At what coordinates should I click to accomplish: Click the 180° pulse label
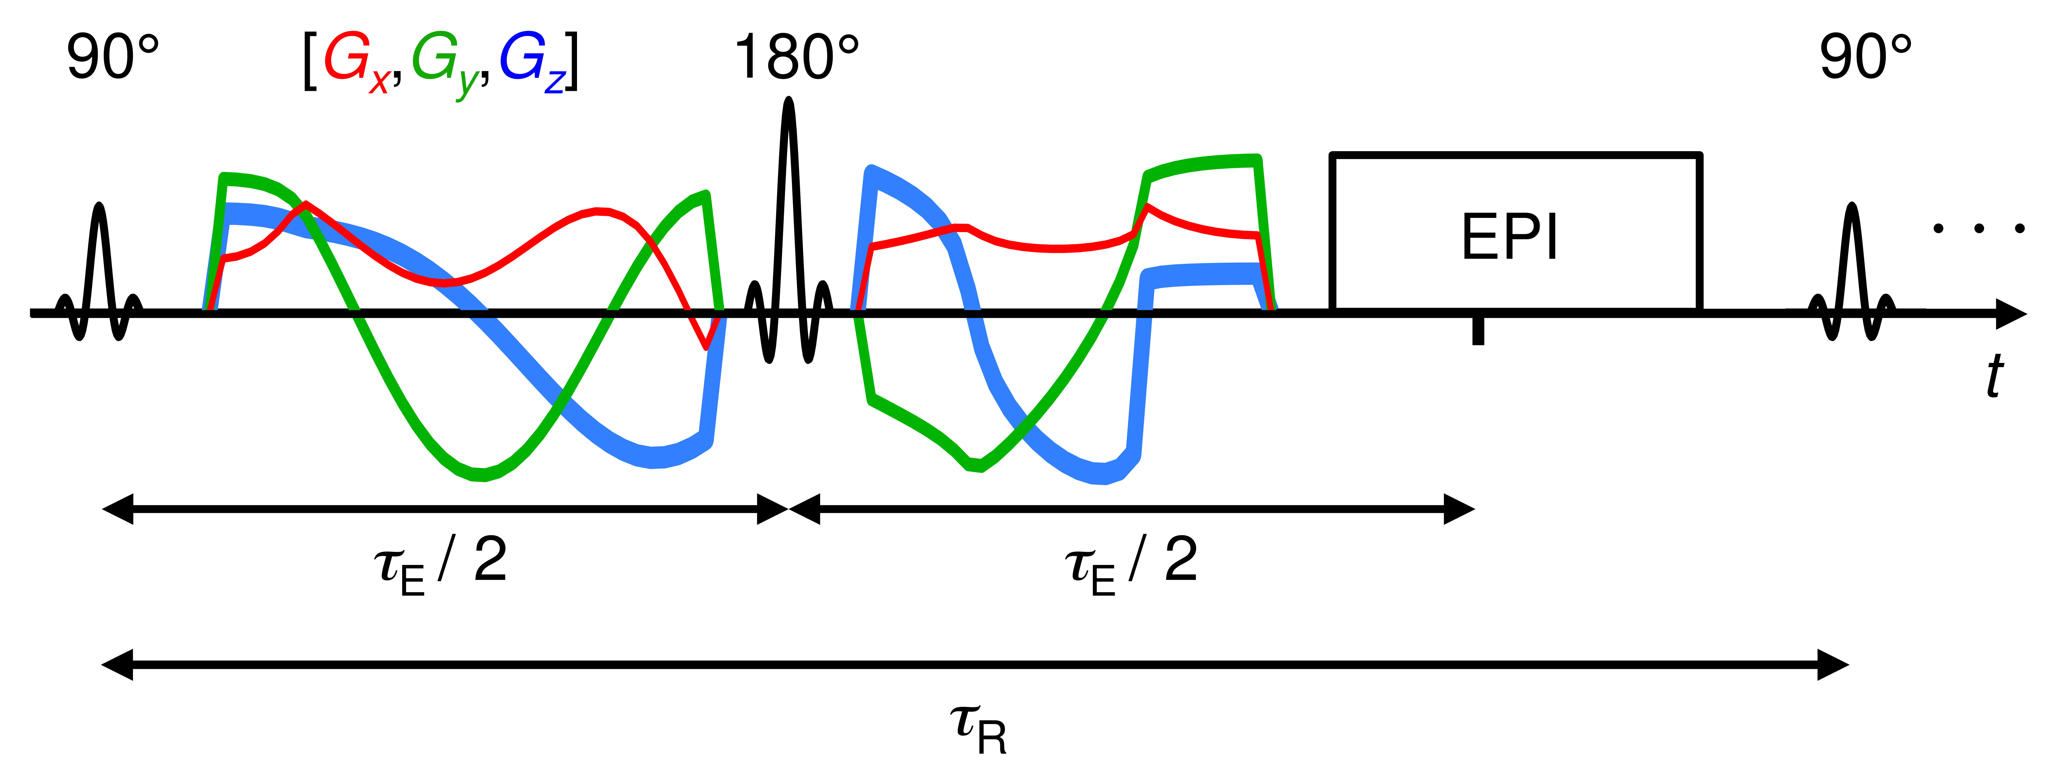tap(796, 57)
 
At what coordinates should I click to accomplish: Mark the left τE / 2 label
tap(440, 564)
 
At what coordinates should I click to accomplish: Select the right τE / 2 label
tap(1131, 564)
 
